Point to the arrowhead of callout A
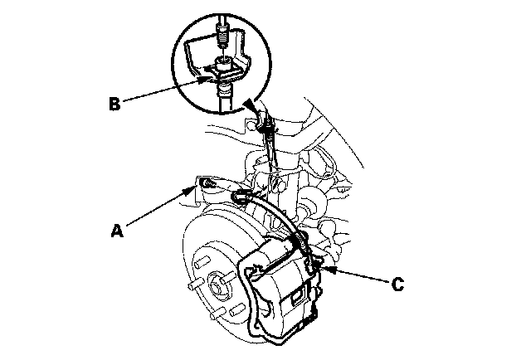[194, 188]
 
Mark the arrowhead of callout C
[321, 267]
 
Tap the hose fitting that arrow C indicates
[312, 265]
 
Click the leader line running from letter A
[158, 208]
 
